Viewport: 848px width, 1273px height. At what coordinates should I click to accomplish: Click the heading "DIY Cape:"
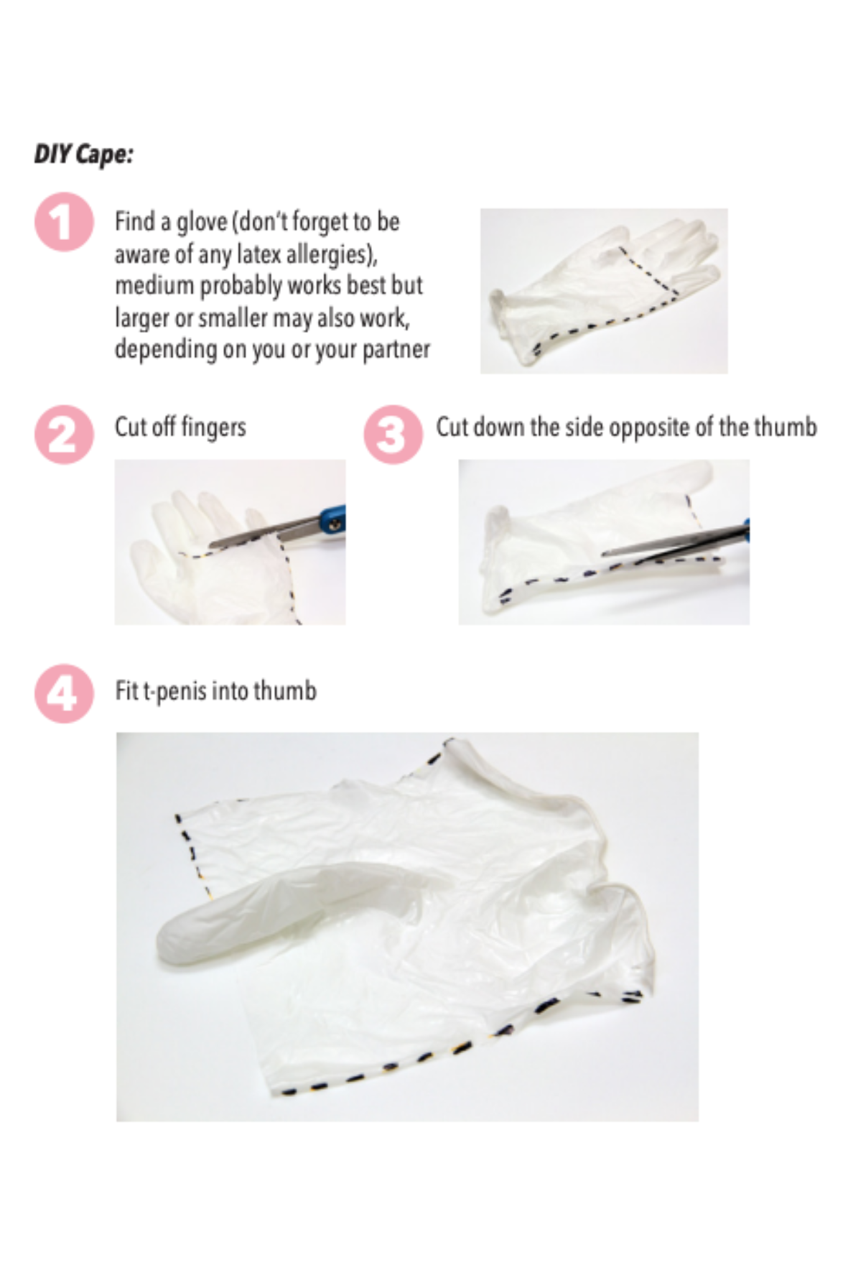(x=83, y=154)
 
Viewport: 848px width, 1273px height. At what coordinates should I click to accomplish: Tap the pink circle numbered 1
(x=64, y=222)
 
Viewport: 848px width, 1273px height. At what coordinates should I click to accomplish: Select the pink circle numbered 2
(x=64, y=435)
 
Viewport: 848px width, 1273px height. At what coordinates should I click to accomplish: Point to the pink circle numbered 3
(x=393, y=435)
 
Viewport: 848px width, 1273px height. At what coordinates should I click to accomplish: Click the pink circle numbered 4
(x=64, y=693)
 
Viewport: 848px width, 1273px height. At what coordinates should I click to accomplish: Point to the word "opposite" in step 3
(x=661, y=428)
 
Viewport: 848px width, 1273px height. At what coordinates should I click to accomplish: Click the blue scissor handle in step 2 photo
(x=332, y=518)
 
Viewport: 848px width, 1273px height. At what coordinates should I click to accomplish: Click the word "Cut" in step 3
(x=452, y=427)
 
